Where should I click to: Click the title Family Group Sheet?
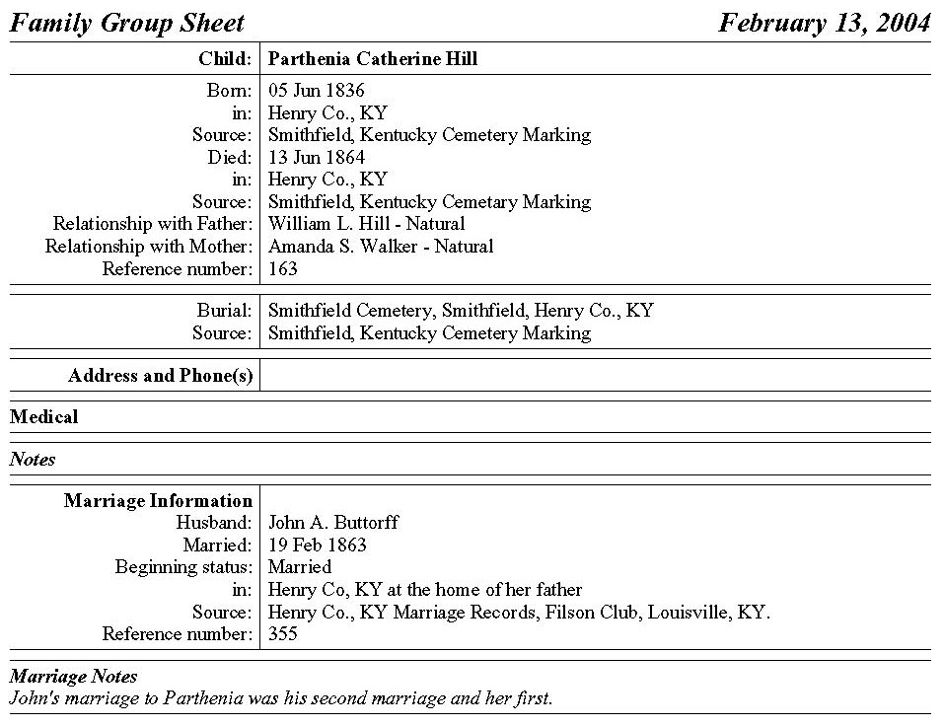tap(126, 23)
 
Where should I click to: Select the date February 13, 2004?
tap(824, 23)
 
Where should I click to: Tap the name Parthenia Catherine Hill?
tap(372, 59)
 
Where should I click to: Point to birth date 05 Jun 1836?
tap(316, 91)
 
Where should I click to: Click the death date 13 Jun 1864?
tap(316, 158)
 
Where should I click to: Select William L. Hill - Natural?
tap(366, 224)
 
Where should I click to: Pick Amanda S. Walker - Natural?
tap(381, 247)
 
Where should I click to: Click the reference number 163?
tap(282, 268)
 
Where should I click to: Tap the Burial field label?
tap(224, 311)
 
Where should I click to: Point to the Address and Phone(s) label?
tap(160, 376)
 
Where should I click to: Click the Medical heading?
tap(43, 417)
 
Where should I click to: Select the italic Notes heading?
tap(33, 460)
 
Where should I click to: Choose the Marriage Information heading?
tap(158, 501)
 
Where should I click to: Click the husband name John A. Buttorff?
tap(333, 523)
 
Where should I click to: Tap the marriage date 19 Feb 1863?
tap(317, 545)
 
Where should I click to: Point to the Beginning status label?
tap(183, 567)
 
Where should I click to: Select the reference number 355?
tap(282, 634)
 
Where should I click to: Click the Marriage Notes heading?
tap(73, 677)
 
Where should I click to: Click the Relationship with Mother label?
tap(149, 247)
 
